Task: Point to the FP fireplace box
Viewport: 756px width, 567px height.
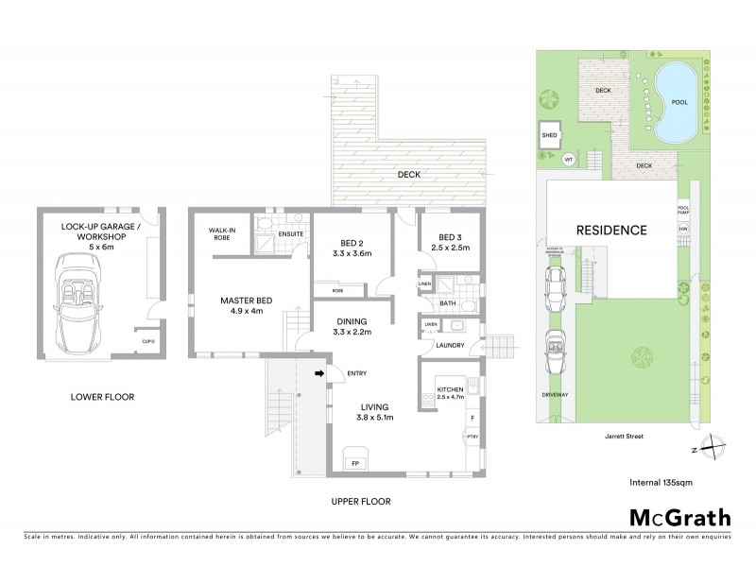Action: click(355, 464)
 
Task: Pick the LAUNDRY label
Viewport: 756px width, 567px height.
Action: click(450, 347)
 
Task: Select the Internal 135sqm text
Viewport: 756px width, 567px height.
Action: click(661, 483)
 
